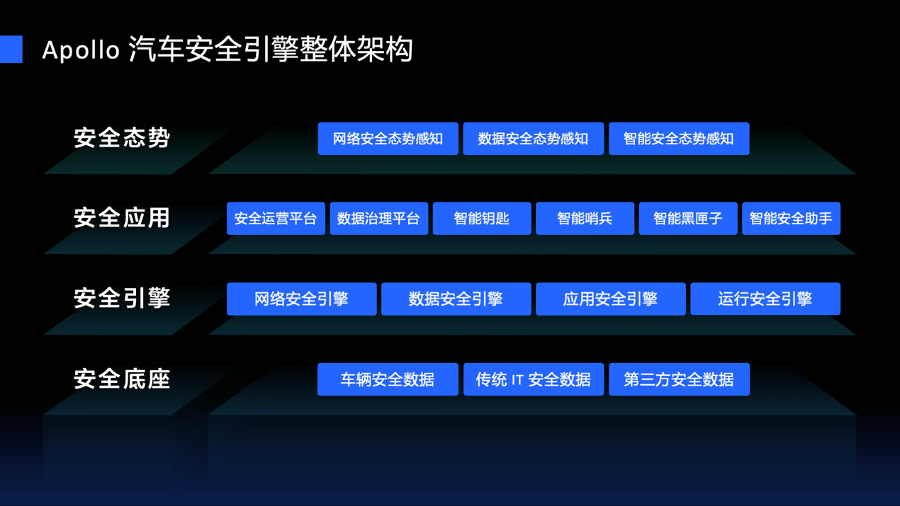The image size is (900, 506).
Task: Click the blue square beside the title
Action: coord(11,50)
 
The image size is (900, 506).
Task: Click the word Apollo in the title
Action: coord(81,50)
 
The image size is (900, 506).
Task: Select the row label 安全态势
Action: coord(122,137)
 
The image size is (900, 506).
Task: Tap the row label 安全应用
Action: coord(122,218)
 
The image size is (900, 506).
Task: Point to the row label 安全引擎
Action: coord(122,298)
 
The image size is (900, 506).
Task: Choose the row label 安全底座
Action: coord(122,379)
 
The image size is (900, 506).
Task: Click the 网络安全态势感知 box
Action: coord(388,139)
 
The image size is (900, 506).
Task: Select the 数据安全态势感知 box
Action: coord(533,139)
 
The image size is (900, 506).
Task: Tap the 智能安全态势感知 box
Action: coord(678,139)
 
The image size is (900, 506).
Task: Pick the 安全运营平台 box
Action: coord(276,218)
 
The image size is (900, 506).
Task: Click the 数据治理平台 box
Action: coord(378,218)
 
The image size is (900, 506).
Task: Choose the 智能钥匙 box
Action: coord(482,218)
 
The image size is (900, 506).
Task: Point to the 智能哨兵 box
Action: coord(585,218)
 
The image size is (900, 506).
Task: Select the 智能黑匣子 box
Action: coord(687,218)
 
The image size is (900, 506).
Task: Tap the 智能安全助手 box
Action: coord(791,218)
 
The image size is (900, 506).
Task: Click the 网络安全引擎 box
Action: coord(301,299)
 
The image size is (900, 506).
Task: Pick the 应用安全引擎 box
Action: coord(610,299)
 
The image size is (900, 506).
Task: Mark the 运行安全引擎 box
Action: coord(765,299)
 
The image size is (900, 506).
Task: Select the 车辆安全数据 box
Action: coord(388,379)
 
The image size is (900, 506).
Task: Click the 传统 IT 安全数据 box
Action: coord(533,379)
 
